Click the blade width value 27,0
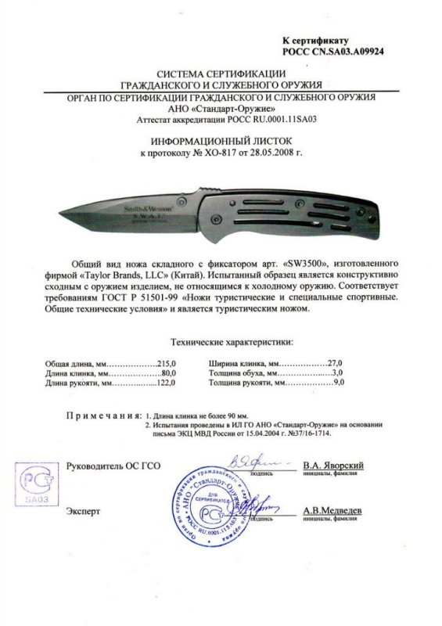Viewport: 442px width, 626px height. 336,364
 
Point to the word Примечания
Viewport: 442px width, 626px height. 102,415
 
